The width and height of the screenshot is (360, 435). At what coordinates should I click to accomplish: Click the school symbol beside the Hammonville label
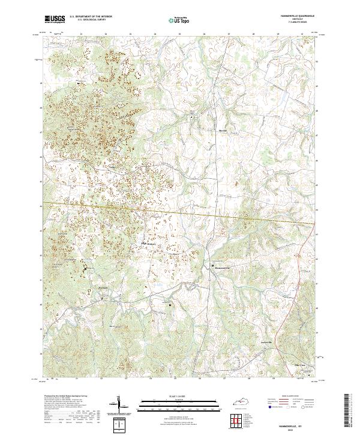point(212,265)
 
